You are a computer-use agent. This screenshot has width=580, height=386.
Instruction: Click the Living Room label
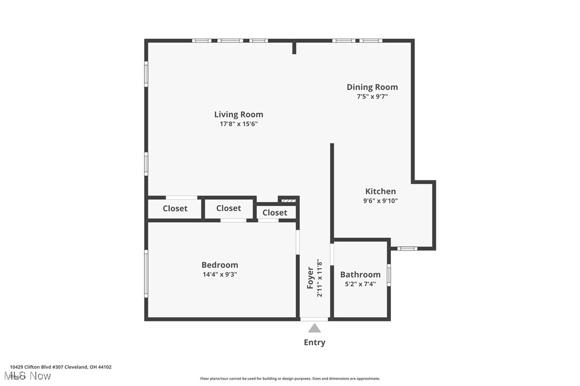click(238, 114)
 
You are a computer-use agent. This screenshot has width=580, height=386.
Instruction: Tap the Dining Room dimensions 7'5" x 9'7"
click(372, 96)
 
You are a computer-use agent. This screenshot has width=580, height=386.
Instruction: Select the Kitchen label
click(380, 191)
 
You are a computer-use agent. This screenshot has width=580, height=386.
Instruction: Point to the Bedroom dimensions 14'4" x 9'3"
click(220, 275)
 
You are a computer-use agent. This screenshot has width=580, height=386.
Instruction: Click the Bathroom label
click(360, 275)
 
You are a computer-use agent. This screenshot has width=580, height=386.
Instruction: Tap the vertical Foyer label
click(310, 278)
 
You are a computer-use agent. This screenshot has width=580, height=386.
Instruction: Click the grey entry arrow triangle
click(315, 328)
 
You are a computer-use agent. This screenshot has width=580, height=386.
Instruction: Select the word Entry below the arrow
click(315, 342)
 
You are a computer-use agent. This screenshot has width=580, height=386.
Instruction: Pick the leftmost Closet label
click(175, 208)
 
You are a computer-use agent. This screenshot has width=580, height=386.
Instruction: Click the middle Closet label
click(229, 208)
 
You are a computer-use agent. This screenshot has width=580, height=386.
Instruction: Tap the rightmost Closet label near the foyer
click(275, 212)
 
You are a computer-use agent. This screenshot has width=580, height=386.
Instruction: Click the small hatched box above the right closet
click(288, 200)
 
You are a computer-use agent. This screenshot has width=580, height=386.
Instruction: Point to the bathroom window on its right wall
click(389, 275)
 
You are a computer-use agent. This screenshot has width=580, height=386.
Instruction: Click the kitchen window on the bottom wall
click(407, 248)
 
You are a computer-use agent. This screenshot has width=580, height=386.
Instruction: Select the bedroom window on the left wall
click(146, 274)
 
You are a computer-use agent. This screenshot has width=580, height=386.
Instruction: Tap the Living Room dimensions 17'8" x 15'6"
click(238, 124)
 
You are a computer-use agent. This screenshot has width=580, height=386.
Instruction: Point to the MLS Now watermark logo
click(30, 376)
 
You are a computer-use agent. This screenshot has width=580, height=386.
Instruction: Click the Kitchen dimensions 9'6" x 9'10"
click(380, 201)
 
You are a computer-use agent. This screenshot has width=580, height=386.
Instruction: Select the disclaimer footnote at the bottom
click(290, 379)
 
